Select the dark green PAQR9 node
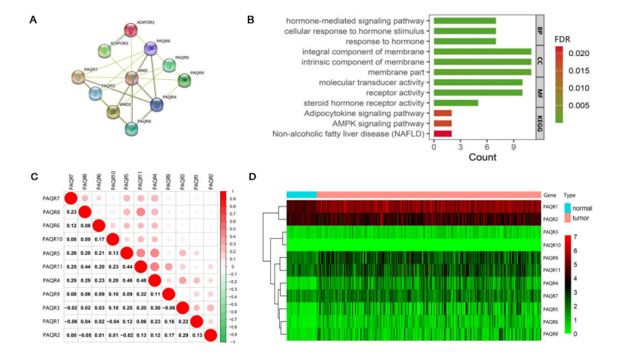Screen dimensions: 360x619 point(184,79)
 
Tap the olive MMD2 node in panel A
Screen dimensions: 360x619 point(112,112)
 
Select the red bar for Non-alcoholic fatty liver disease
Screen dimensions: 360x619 point(443,134)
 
